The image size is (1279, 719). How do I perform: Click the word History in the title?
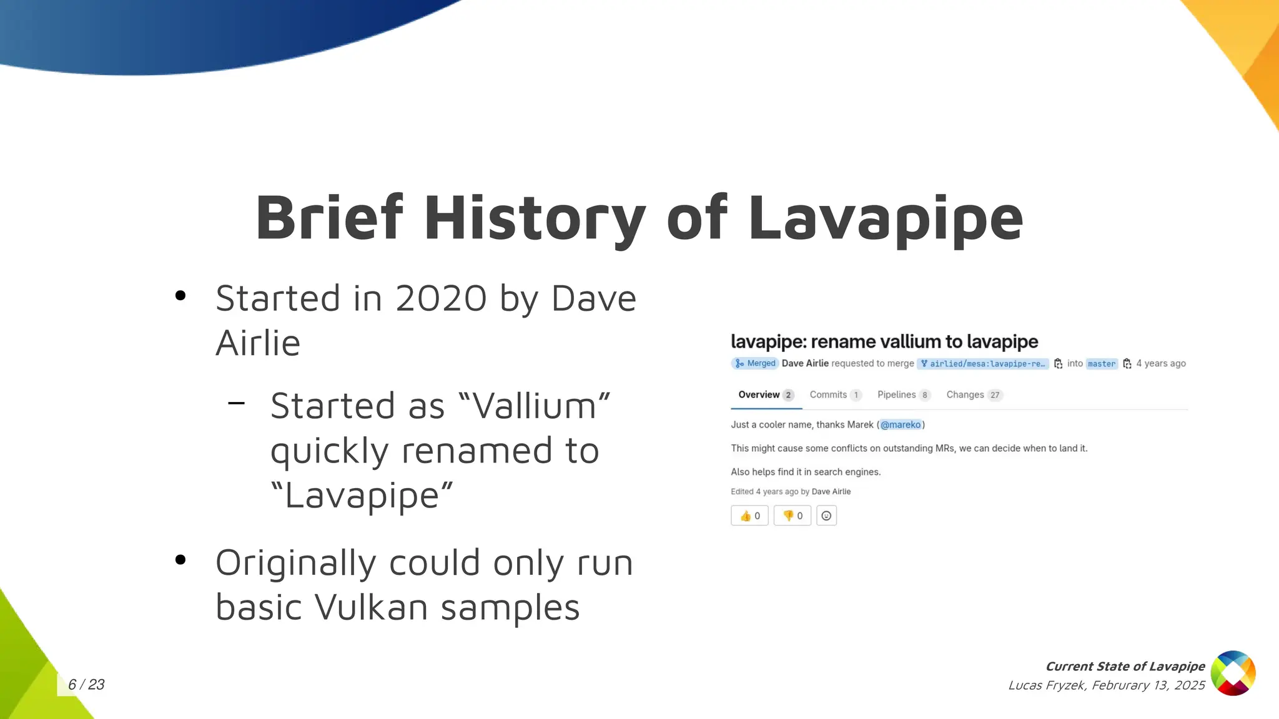click(x=535, y=218)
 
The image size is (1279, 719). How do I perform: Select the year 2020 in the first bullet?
click(x=440, y=298)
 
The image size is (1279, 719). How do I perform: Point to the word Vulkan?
click(x=372, y=607)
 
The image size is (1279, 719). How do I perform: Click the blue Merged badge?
click(x=755, y=363)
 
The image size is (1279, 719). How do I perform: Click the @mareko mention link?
click(x=901, y=424)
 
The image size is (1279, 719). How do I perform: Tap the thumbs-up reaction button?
click(x=749, y=516)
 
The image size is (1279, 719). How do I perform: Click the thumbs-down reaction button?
click(x=792, y=516)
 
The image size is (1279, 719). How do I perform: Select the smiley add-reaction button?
click(x=826, y=516)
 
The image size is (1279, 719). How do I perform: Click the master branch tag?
click(x=1101, y=364)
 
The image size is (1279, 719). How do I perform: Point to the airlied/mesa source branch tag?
click(x=983, y=364)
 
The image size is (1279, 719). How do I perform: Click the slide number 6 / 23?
click(x=86, y=685)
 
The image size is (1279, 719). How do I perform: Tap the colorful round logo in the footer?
click(x=1233, y=673)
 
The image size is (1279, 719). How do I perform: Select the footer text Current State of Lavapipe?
click(x=1125, y=667)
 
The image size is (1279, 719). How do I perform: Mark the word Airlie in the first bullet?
click(x=258, y=343)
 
